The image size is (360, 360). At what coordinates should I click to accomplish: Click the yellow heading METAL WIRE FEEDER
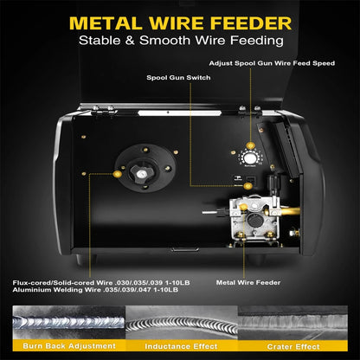pos(180,23)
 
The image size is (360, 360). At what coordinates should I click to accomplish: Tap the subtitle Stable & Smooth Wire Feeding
pos(181,41)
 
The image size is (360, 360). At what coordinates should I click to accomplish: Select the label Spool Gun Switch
pos(178,78)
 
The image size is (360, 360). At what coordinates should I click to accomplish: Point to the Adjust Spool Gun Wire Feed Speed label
pos(272,63)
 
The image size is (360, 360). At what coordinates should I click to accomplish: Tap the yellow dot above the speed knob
pos(250,145)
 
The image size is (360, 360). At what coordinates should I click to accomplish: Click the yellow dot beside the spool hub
pos(117,174)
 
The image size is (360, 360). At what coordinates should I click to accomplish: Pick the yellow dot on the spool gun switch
pos(247,186)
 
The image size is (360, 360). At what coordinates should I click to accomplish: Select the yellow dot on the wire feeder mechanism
pos(244,207)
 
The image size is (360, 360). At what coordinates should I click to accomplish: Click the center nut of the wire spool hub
pos(141,174)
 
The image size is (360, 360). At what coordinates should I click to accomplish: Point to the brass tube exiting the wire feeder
pos(289,211)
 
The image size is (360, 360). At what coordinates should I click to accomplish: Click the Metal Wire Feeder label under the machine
pos(248,283)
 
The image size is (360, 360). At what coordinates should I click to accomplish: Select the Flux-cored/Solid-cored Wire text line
pos(101,283)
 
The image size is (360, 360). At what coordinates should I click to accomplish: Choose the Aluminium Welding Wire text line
pos(95,290)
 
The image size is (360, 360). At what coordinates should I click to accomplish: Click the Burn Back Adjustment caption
pos(69,346)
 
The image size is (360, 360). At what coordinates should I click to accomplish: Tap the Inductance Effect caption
pos(181,346)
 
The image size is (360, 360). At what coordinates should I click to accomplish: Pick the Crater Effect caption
pos(293,346)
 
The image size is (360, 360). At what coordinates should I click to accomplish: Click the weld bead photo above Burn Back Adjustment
pos(69,323)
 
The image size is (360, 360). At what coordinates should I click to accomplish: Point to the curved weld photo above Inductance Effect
pos(182,323)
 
